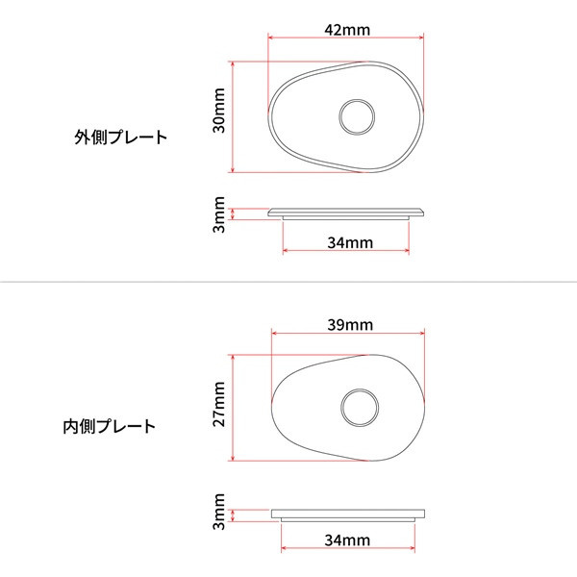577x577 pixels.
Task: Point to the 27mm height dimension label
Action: [x=219, y=404]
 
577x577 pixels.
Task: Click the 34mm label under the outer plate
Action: [x=349, y=242]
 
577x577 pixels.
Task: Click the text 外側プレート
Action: [x=121, y=137]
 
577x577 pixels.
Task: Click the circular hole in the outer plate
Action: [x=357, y=117]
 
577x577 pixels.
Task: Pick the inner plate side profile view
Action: [x=348, y=514]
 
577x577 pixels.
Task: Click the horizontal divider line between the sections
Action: [x=288, y=282]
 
